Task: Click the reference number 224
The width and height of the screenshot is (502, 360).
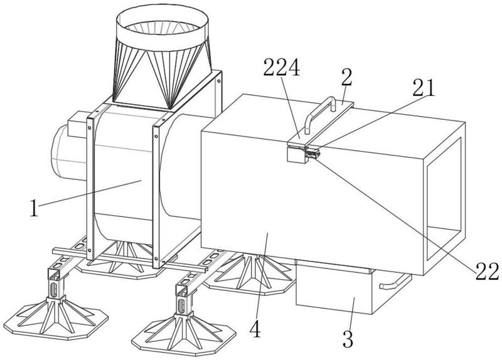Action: (281, 68)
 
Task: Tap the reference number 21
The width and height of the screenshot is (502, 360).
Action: (424, 88)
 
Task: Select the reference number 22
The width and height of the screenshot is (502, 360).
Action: (487, 272)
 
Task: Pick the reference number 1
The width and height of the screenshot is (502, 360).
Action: (34, 208)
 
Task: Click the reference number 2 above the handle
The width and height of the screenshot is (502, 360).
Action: (347, 77)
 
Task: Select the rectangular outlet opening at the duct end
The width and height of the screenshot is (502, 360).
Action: (444, 198)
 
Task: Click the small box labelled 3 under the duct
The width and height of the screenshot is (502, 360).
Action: (334, 287)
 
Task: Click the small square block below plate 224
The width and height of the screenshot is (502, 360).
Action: (297, 155)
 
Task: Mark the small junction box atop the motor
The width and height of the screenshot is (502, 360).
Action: (77, 124)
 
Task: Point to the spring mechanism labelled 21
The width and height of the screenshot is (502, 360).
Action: (312, 154)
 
